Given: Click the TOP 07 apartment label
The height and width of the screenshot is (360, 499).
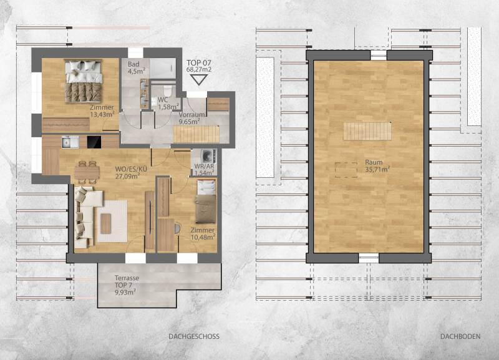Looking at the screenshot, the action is point(199,66).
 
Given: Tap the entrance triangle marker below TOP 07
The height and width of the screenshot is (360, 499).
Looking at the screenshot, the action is point(199,80).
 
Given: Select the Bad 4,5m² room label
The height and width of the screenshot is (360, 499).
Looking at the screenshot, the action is point(136,67).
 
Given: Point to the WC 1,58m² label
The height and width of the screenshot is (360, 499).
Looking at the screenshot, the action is point(168,104).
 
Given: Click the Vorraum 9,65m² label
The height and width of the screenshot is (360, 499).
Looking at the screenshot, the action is point(191,118).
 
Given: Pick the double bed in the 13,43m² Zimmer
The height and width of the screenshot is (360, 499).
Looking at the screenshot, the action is point(84,82).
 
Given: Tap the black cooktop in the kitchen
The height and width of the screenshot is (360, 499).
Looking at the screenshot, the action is point(94,142).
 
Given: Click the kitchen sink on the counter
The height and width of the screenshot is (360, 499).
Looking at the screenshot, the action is point(70,142).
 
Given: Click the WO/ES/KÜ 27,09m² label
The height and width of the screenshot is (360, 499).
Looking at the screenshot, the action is point(131,173).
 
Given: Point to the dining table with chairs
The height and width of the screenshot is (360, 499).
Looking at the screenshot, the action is point(87,172).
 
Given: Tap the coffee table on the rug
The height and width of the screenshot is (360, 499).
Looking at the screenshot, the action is point(105,223).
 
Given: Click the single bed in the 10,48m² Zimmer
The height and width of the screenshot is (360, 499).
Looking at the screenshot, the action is point(206,202).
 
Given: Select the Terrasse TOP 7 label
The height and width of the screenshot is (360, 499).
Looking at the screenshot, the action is point(127,285).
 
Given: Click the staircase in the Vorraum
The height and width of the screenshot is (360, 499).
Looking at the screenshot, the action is point(196,134).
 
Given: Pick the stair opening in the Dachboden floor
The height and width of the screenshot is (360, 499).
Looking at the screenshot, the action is point(367,131).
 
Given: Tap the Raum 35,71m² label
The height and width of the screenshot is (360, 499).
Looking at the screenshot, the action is point(377,166).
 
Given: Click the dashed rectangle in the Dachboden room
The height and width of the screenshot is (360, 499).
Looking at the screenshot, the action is point(346,170).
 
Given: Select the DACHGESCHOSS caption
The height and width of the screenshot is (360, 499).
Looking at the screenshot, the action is point(194,336).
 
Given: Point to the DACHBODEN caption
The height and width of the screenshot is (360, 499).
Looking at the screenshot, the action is point(460,336).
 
